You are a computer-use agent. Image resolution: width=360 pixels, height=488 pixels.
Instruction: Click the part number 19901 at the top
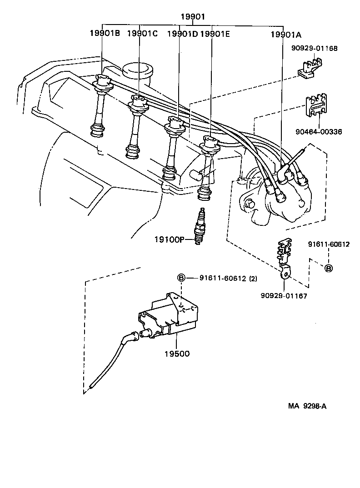193,17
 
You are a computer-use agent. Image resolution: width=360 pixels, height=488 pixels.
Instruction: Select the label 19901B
105,33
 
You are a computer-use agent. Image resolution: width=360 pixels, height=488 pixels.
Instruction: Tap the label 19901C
142,33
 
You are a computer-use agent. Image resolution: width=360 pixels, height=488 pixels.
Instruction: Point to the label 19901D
182,33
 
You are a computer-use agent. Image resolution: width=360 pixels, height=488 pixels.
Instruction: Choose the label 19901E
215,33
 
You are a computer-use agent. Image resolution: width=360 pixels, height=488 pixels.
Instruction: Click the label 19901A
285,33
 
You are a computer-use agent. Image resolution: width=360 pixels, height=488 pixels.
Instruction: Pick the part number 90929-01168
314,48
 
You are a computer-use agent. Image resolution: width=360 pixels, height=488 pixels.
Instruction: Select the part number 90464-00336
318,132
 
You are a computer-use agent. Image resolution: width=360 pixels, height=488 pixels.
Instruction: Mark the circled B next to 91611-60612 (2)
180,278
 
